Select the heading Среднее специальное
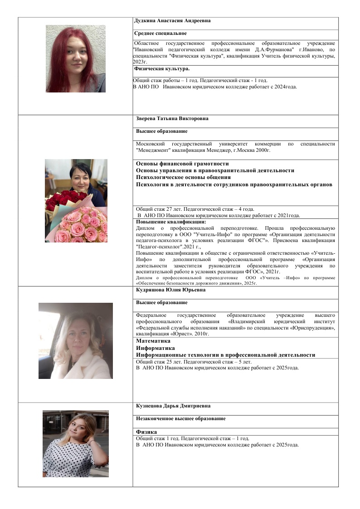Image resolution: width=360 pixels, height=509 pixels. (161, 34)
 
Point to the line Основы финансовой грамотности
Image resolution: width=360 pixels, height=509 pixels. (182, 164)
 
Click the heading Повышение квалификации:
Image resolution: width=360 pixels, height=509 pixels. (171, 222)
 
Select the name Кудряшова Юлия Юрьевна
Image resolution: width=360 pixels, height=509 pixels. (170, 290)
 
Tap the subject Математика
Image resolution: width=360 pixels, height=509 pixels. (153, 341)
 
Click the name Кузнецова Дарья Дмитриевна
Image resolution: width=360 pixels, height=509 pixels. (173, 406)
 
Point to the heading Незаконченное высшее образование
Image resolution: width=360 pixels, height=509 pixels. (180, 419)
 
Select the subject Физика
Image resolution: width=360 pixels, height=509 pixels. (146, 432)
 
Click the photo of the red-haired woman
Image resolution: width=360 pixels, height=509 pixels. (76, 58)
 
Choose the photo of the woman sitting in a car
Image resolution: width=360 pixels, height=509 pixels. (76, 341)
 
